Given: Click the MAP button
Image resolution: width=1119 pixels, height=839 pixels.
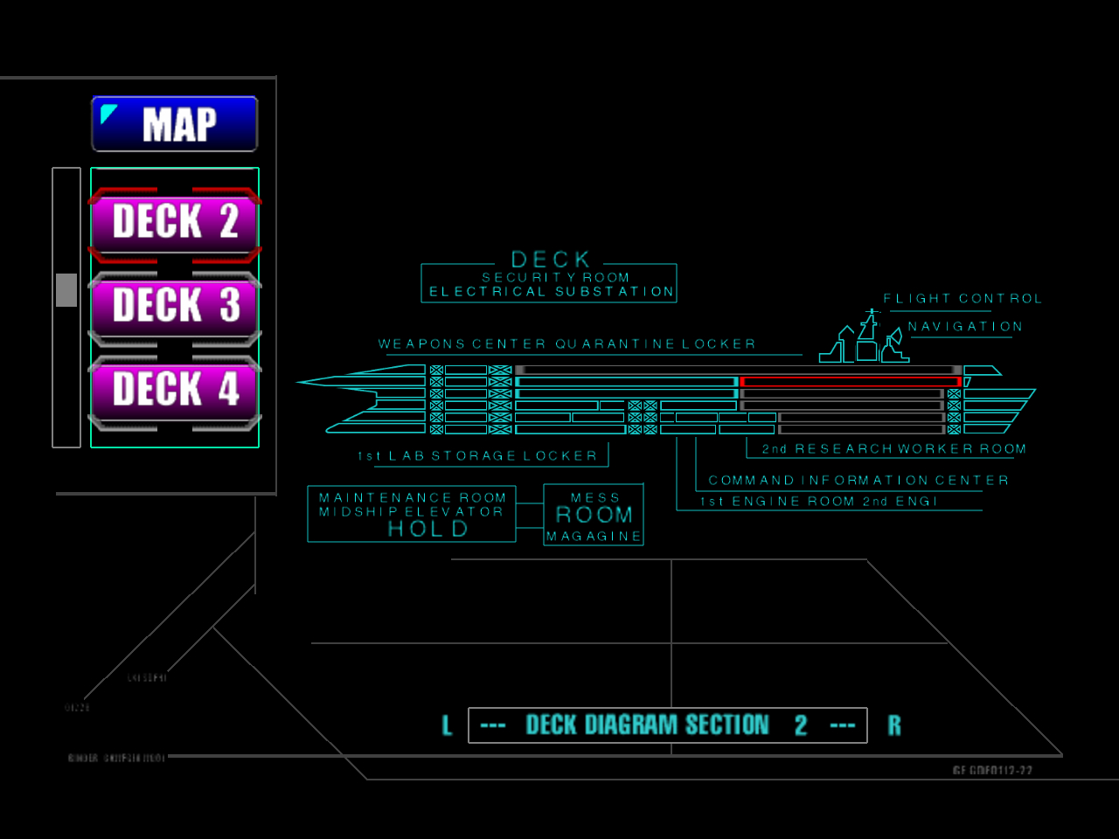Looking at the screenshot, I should click(x=175, y=124).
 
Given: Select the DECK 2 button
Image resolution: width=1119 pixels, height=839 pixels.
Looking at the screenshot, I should click(x=175, y=221).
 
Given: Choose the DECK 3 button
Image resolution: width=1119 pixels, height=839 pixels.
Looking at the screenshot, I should click(x=175, y=305).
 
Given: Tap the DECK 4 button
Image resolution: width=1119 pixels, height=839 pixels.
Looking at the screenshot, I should click(x=175, y=389).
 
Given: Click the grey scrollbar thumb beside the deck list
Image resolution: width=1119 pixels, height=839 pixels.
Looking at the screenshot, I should click(x=66, y=290).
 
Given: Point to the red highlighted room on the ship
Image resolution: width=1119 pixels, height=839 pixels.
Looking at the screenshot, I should click(x=850, y=382).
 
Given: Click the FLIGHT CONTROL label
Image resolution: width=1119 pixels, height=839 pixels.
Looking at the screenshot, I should click(x=963, y=299).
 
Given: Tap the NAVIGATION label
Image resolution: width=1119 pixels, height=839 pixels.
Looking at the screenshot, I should click(x=965, y=327).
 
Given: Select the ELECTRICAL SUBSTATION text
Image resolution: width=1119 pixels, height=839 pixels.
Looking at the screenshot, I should click(x=552, y=292).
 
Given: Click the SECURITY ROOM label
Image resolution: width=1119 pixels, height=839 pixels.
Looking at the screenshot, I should click(x=556, y=278).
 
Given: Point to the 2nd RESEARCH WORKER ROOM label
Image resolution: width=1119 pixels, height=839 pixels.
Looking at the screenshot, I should click(x=893, y=449).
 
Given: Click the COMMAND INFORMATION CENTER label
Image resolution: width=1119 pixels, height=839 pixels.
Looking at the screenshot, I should click(x=858, y=481).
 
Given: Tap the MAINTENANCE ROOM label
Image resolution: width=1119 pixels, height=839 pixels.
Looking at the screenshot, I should click(x=413, y=498).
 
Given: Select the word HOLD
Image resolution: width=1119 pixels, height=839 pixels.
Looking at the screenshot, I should click(x=428, y=529).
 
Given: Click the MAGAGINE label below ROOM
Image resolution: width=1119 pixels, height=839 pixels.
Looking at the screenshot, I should click(x=594, y=537).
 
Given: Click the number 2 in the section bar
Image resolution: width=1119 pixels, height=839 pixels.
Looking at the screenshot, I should click(x=801, y=725).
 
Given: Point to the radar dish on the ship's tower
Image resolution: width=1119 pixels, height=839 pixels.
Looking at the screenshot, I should click(x=894, y=337).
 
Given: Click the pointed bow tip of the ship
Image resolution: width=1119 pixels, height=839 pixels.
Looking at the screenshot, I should click(x=300, y=382).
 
